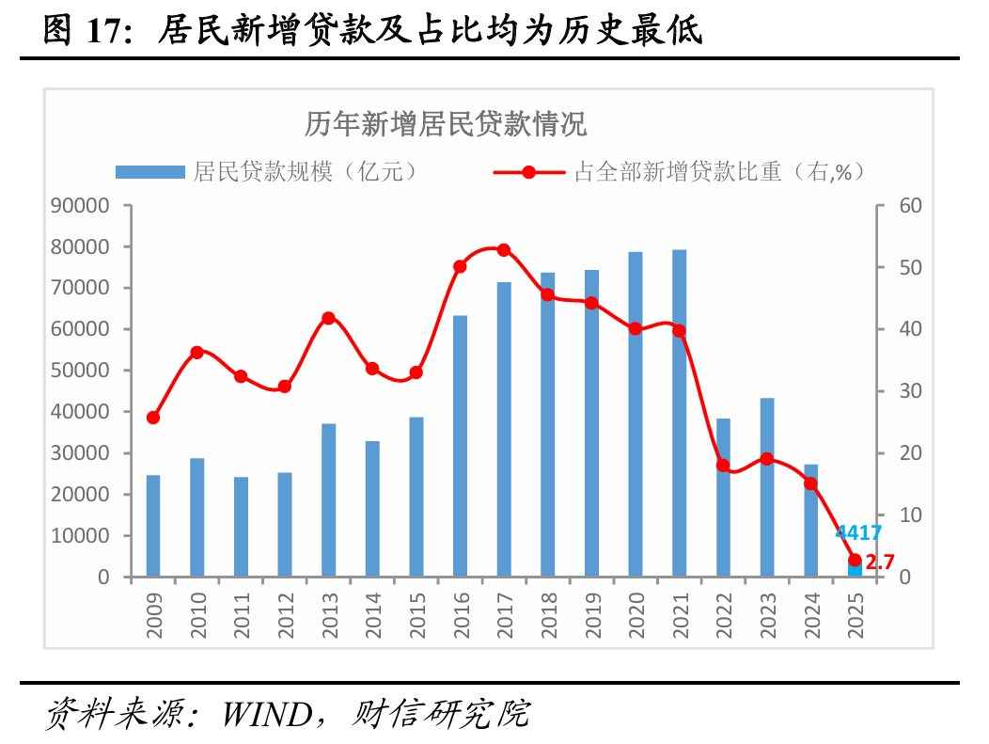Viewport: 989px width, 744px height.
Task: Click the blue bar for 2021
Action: click(680, 413)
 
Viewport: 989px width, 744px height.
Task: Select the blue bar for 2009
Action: click(153, 526)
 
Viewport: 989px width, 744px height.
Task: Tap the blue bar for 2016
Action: click(461, 446)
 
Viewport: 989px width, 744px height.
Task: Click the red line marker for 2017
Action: click(504, 250)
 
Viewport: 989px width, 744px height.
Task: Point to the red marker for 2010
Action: click(197, 353)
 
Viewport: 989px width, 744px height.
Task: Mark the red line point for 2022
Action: click(723, 465)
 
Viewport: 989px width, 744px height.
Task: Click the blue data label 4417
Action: click(859, 533)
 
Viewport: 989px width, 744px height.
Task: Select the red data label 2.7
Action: click(880, 562)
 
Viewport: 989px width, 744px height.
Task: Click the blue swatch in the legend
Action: click(150, 172)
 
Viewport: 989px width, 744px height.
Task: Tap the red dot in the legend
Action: click(528, 172)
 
